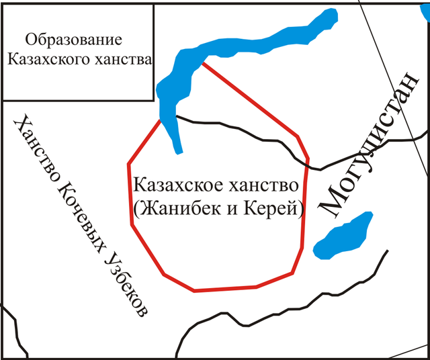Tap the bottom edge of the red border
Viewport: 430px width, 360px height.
tap(226, 289)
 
